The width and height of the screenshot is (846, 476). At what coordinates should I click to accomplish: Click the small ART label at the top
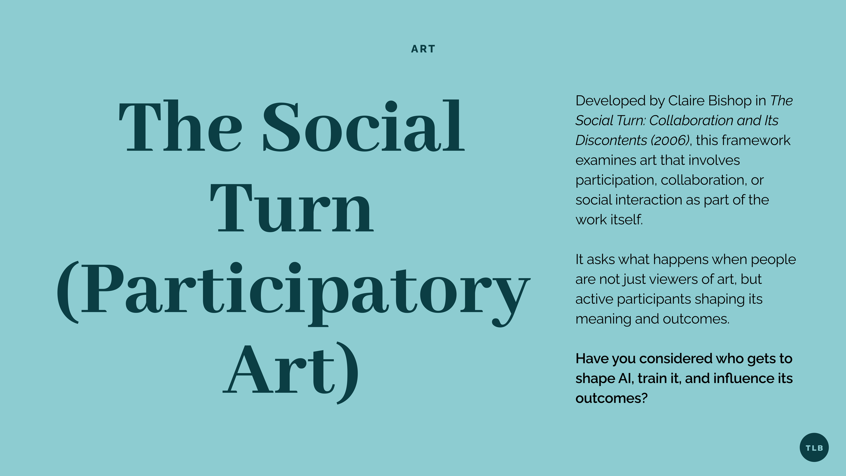(423, 49)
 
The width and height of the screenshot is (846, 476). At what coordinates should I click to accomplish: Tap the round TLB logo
(814, 448)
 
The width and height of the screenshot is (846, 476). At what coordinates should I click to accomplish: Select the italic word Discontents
(611, 140)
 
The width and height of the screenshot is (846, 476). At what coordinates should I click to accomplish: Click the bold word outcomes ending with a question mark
(611, 398)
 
